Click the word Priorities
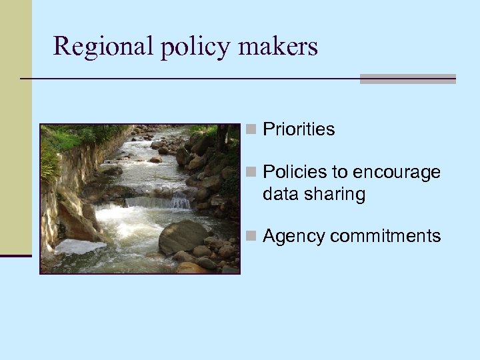click(299, 129)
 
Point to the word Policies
click(295, 172)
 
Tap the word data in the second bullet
click(279, 195)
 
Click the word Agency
click(294, 236)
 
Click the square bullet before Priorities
click(251, 129)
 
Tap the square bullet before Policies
click(251, 172)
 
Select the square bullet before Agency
click(251, 236)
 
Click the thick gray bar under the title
click(407, 79)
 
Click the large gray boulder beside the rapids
click(182, 237)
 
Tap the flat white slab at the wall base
click(79, 247)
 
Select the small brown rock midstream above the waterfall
click(155, 160)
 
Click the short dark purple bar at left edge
click(15, 255)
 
